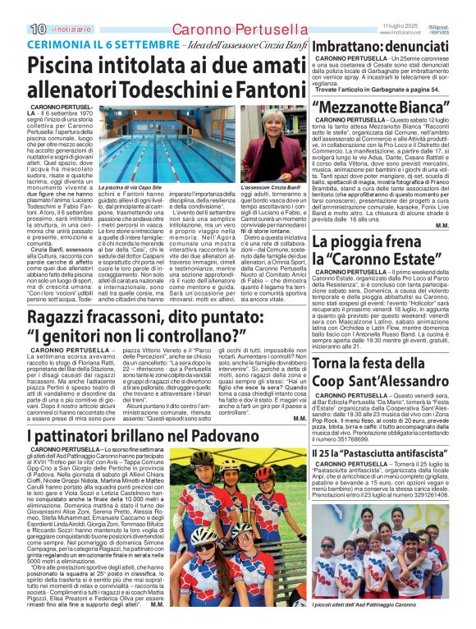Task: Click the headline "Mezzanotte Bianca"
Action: (x=381, y=107)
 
